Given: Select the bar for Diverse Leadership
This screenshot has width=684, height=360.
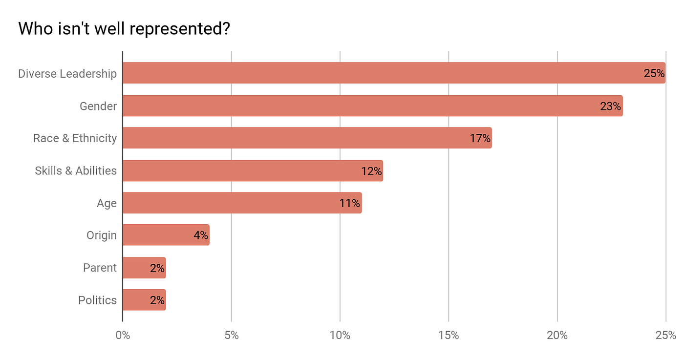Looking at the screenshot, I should [381, 73].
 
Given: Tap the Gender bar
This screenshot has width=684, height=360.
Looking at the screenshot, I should [362, 106].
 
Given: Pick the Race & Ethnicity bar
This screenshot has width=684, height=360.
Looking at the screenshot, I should [293, 138].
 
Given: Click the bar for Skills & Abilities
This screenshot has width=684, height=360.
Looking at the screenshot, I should [244, 170].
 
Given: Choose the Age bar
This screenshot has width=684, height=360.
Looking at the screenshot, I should [235, 203].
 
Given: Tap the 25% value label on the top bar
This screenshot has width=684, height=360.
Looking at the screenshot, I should [654, 74].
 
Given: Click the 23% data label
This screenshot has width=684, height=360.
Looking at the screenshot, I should [610, 106].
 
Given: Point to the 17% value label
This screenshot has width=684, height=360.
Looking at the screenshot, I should [480, 138].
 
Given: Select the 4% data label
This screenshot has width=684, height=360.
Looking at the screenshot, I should [201, 235].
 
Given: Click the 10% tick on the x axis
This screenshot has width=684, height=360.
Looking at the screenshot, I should [340, 336].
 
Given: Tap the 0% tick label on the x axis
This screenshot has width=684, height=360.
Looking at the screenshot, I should [123, 336].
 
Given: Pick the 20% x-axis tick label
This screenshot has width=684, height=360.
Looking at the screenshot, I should [557, 336].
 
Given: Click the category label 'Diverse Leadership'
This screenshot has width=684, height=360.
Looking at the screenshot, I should [67, 74].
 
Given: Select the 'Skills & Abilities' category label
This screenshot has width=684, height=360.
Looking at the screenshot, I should [76, 170].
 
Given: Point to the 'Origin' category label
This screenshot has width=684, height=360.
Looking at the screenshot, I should [102, 235].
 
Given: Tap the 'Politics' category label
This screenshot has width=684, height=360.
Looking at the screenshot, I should [98, 300].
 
